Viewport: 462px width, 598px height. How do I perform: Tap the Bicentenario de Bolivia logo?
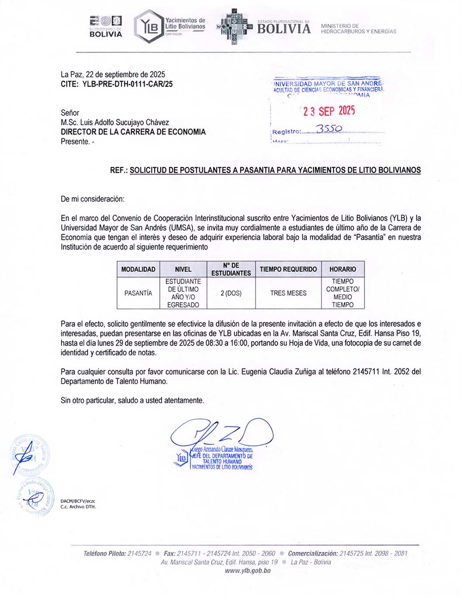(106, 27)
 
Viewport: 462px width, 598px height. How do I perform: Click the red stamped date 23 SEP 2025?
(329, 111)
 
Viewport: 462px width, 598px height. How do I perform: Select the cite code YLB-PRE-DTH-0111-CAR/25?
(127, 84)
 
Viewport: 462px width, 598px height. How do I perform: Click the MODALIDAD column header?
(138, 269)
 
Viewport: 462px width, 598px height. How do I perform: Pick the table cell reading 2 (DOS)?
(231, 293)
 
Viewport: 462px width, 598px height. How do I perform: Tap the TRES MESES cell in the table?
(288, 293)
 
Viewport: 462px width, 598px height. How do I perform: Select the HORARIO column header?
(343, 269)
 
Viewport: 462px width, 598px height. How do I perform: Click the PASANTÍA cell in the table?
(138, 293)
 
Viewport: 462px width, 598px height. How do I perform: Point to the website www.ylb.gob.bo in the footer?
(248, 571)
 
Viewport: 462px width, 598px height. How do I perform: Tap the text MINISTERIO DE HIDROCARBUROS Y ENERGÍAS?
(359, 29)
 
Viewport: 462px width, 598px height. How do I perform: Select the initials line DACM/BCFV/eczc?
(78, 501)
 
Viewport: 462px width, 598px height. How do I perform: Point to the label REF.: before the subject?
(119, 170)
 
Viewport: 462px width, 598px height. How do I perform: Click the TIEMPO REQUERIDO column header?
(288, 269)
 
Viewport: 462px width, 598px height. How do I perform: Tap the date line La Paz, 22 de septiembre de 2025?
(113, 74)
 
